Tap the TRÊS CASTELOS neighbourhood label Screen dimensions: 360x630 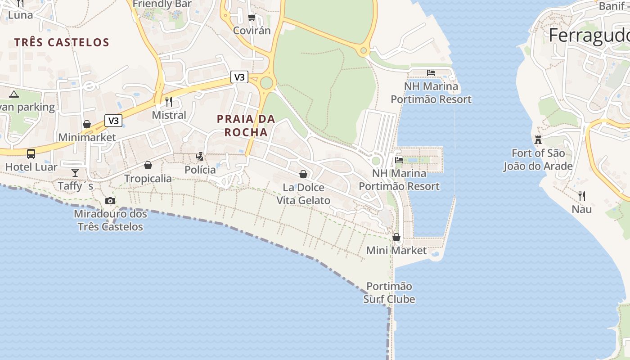tap(62, 42)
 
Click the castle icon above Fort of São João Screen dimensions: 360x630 tap(538, 139)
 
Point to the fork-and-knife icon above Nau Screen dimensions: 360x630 tap(582, 196)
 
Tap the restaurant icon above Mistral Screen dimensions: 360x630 tap(169, 101)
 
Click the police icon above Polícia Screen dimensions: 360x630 tap(200, 157)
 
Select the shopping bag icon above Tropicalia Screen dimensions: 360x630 tap(148, 166)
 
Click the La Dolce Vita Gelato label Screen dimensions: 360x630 tap(303, 194)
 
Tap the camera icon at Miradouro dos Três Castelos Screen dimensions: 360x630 tap(110, 201)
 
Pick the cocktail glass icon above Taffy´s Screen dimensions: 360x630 tap(75, 172)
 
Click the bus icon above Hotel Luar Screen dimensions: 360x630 tap(31, 153)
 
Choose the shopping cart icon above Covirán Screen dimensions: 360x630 tap(252, 18)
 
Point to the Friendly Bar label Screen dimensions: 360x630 tap(162, 4)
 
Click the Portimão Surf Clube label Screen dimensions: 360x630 tap(389, 292)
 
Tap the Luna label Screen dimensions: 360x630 tap(20, 15)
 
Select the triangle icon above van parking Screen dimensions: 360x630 tap(14, 94)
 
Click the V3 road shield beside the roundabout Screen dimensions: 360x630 tap(239, 77)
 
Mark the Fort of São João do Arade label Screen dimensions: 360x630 tap(538, 160)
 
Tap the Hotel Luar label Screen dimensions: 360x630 tap(31, 167)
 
